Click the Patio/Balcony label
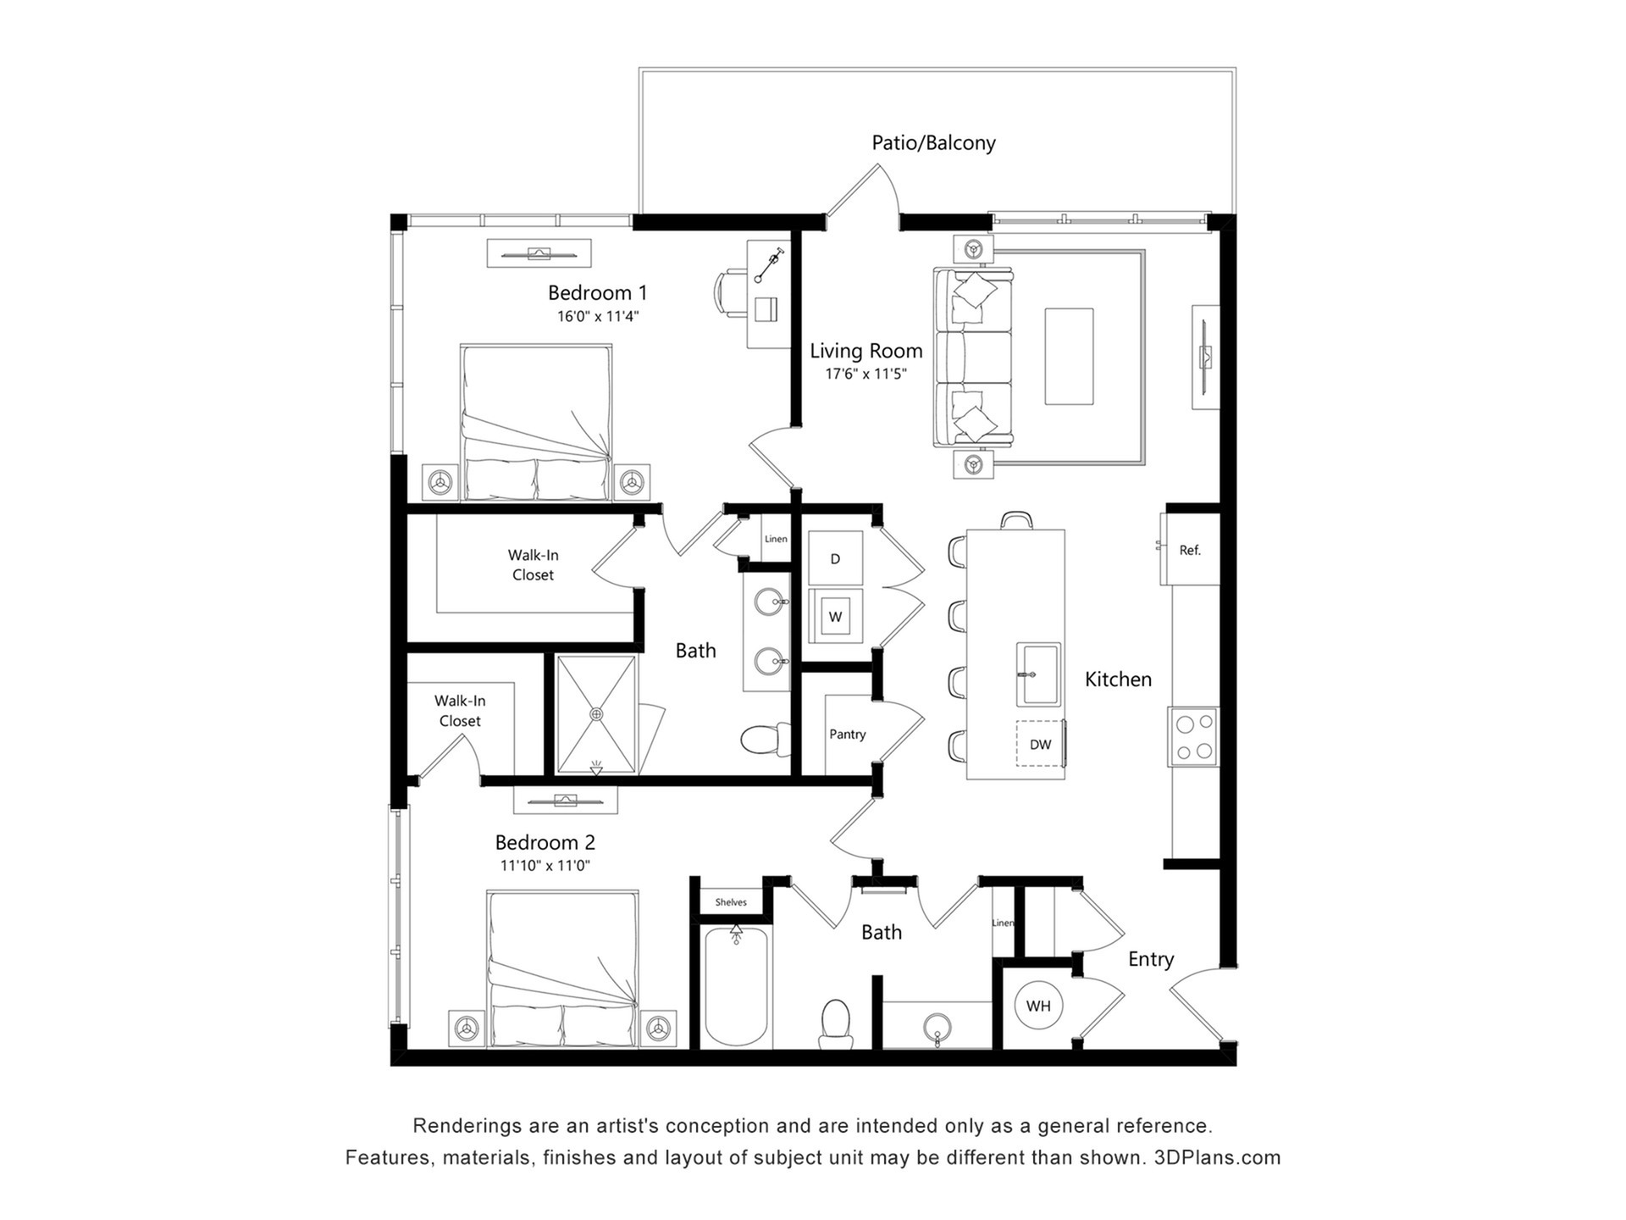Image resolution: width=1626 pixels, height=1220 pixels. click(933, 142)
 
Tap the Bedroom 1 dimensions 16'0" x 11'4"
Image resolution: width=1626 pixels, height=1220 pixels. click(597, 317)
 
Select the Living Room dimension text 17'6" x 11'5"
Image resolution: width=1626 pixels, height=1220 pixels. click(866, 374)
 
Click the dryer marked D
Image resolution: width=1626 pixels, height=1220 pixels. click(835, 558)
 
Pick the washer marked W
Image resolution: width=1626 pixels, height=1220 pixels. click(835, 616)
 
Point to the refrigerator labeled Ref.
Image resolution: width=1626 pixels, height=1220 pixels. click(1190, 550)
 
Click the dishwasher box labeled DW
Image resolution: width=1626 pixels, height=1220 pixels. click(1040, 744)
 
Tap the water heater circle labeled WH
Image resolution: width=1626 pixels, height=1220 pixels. click(1038, 1006)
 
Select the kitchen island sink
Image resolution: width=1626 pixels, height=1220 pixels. click(1038, 674)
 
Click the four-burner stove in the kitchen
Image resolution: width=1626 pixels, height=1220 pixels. click(1193, 737)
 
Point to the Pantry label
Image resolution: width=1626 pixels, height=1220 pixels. click(847, 735)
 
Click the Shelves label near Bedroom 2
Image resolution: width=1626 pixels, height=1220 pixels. click(731, 902)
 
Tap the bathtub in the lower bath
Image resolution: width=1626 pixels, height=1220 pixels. click(737, 987)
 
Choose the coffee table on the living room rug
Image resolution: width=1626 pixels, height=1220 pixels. click(1069, 356)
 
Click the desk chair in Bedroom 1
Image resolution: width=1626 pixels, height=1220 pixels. click(732, 293)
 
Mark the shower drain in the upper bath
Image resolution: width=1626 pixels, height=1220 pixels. click(597, 714)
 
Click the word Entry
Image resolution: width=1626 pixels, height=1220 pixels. click(1151, 960)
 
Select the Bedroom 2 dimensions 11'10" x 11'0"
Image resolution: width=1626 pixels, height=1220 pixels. click(545, 866)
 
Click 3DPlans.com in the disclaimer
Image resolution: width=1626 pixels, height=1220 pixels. click(1217, 1157)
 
